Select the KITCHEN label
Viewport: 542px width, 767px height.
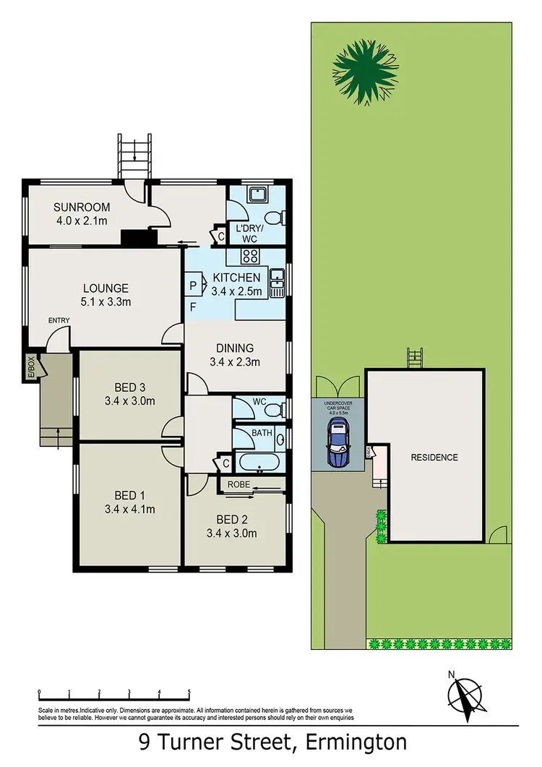(x=236, y=278)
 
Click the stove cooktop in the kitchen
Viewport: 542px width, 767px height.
(x=250, y=254)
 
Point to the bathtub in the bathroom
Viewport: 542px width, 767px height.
(x=259, y=463)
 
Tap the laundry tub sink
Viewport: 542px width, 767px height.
(x=257, y=194)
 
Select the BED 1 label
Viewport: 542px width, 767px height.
(x=130, y=495)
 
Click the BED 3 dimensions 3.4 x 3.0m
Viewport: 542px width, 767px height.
(x=130, y=400)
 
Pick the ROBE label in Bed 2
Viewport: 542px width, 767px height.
(x=239, y=484)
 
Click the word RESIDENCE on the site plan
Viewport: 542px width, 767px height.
(x=434, y=458)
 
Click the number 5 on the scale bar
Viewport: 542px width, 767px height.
(x=189, y=692)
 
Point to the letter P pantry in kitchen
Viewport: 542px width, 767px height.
(x=193, y=284)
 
